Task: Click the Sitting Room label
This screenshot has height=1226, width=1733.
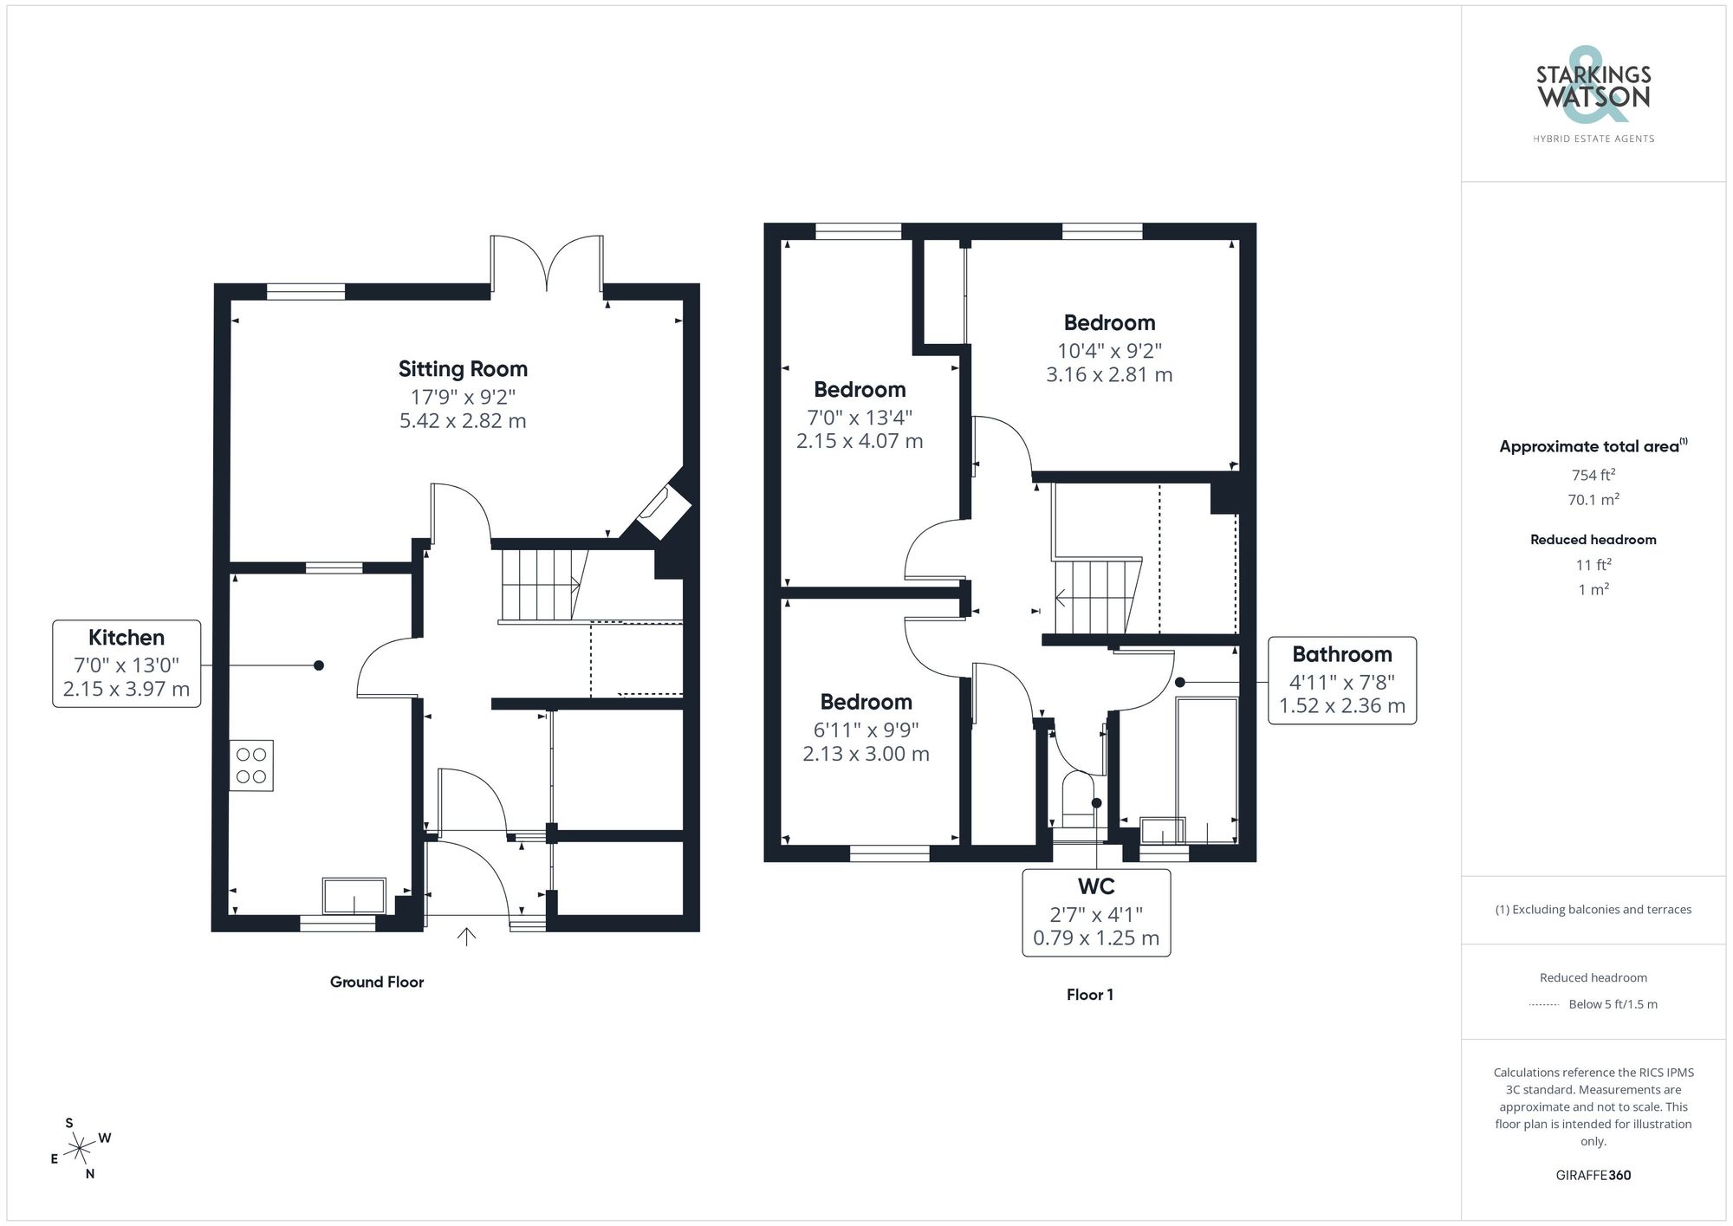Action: [x=463, y=369]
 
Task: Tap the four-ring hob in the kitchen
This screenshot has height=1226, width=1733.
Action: [x=251, y=765]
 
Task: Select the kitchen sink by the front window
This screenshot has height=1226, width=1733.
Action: [x=354, y=896]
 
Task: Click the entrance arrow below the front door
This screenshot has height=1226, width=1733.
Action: [x=466, y=937]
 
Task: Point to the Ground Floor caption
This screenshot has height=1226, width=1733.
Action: [x=376, y=982]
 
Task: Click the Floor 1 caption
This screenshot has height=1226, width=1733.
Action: [x=1089, y=995]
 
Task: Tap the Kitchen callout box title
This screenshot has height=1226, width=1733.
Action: [x=127, y=638]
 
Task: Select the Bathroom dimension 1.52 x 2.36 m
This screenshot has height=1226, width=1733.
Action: [x=1341, y=706]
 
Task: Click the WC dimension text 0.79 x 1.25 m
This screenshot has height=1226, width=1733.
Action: [x=1095, y=938]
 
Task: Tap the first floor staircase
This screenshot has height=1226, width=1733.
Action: [x=1094, y=597]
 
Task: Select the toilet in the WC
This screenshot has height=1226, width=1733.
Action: [x=1079, y=801]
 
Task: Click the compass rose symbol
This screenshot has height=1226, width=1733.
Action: [x=80, y=1149]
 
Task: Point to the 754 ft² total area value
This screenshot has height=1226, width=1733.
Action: [x=1593, y=475]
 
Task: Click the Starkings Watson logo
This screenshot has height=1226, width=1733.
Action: [x=1593, y=95]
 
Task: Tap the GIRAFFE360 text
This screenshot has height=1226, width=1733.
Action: [x=1593, y=1176]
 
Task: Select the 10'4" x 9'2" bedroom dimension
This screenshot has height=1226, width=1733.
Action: [x=1109, y=351]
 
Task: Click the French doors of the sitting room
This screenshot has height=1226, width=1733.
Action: [x=547, y=264]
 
